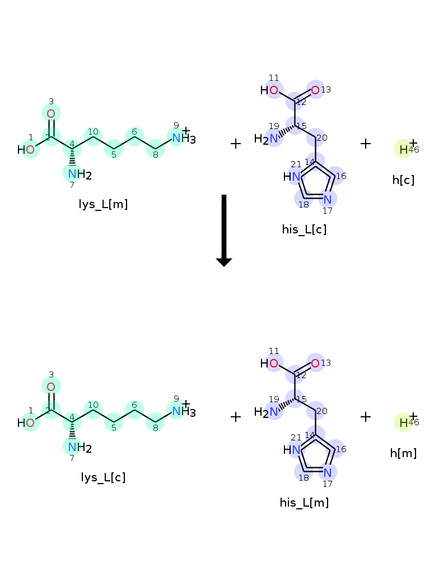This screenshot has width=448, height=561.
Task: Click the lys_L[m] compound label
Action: click(x=103, y=204)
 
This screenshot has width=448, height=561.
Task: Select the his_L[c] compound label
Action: click(x=304, y=229)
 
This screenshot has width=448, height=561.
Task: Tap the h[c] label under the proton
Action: click(x=403, y=180)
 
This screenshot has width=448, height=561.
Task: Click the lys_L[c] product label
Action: click(x=103, y=477)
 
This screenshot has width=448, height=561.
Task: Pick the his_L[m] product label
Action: click(x=304, y=503)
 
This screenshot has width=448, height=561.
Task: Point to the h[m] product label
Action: click(x=403, y=453)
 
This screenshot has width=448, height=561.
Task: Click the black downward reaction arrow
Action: click(x=224, y=230)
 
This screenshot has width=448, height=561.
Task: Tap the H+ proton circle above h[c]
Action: click(x=403, y=149)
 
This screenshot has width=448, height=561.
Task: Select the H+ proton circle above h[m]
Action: click(x=403, y=422)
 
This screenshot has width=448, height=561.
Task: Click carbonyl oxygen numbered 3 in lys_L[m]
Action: click(x=51, y=114)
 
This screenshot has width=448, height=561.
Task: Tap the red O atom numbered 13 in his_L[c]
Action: click(x=315, y=90)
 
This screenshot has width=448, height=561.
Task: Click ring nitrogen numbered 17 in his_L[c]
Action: click(x=328, y=199)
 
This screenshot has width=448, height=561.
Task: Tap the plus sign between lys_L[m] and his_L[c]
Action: click(x=236, y=144)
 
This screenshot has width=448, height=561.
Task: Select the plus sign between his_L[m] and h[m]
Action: click(x=366, y=417)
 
